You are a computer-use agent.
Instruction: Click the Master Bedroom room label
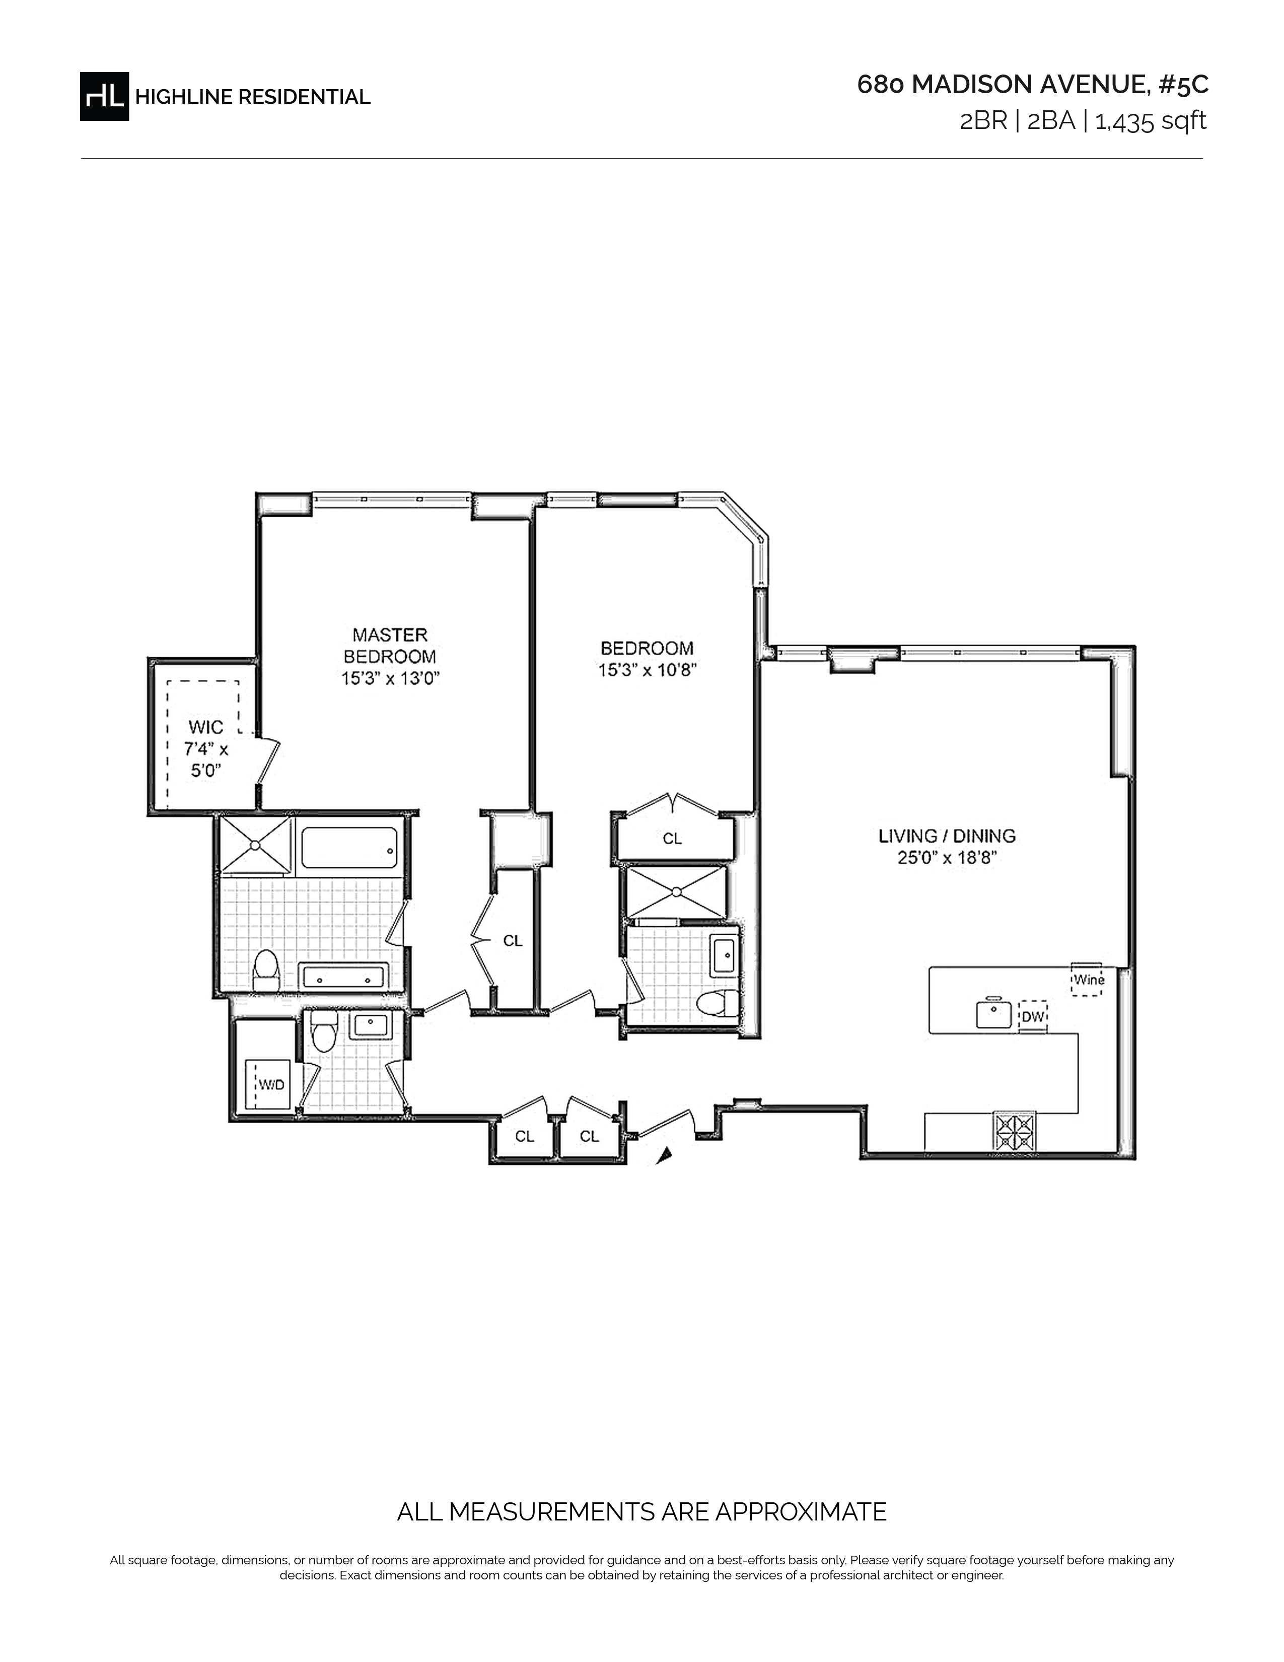tap(390, 645)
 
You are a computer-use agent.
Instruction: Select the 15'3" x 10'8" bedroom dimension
tap(648, 670)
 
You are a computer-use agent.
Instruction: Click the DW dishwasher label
tap(1032, 1017)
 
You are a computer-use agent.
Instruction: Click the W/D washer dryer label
tap(271, 1084)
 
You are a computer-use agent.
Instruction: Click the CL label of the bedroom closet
tap(672, 839)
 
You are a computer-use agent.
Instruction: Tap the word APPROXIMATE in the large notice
tap(802, 1512)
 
